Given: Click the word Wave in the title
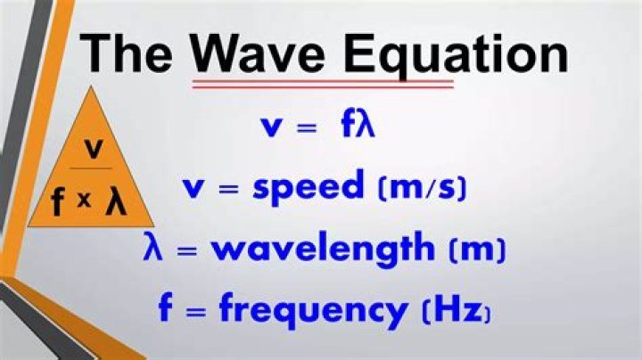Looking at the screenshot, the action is click(x=259, y=54).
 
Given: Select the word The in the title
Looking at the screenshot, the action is click(x=126, y=53).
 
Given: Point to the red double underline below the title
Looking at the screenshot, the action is click(x=323, y=84).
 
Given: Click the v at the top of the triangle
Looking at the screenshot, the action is click(x=94, y=148).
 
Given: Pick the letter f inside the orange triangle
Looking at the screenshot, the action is click(x=59, y=201).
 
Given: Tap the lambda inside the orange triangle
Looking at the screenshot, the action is click(x=116, y=200).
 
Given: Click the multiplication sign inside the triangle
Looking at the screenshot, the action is click(x=85, y=200).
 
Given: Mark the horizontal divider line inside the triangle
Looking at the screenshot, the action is click(x=90, y=168).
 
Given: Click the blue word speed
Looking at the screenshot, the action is click(x=309, y=186).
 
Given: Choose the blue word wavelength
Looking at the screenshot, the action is click(x=323, y=249).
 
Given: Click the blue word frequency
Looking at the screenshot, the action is click(x=313, y=309).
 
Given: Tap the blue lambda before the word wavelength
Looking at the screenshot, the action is click(x=153, y=246).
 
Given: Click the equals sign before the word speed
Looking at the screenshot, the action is click(x=228, y=190).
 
